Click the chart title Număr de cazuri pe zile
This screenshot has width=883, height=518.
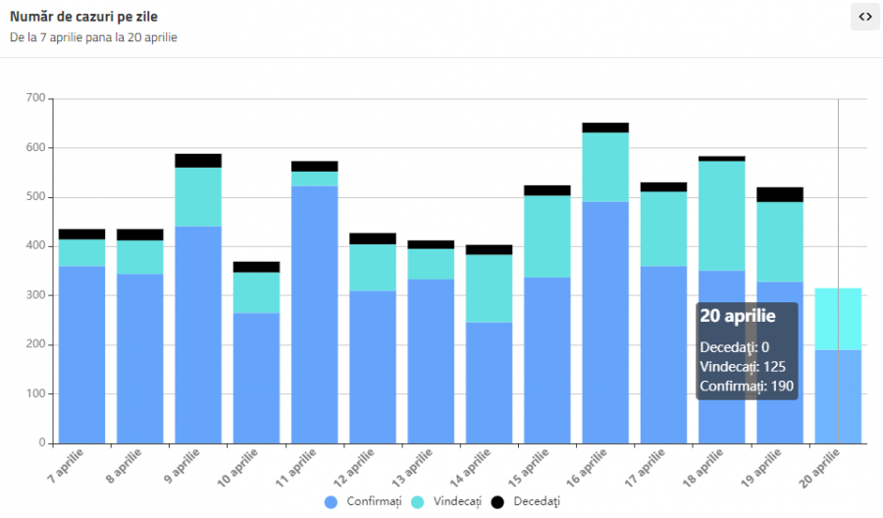[83, 16]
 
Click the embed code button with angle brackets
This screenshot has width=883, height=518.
[864, 17]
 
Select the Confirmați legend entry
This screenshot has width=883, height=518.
[365, 501]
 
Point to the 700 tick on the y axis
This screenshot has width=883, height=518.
[35, 98]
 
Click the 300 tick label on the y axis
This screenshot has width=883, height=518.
[35, 295]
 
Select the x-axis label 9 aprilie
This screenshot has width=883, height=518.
[182, 466]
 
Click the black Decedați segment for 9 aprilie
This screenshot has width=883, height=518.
[198, 161]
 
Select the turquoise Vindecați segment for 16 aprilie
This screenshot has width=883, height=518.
[605, 167]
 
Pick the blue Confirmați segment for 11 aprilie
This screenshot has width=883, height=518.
[314, 314]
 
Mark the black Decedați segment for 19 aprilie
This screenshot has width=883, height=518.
[780, 194]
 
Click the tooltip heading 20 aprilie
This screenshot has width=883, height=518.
[738, 316]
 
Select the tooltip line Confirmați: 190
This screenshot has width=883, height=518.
[747, 386]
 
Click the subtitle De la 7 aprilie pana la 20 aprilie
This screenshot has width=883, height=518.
[93, 37]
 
